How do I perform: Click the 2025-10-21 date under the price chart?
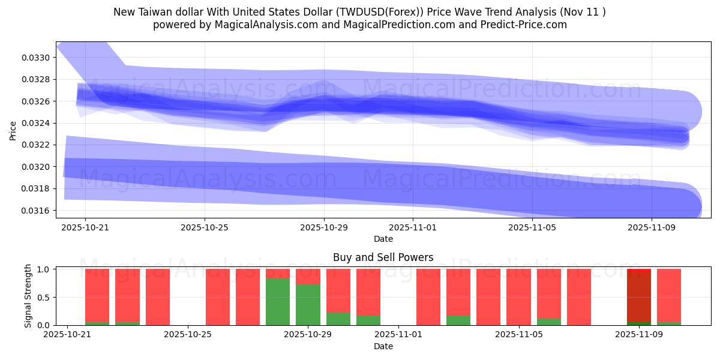[x=85, y=228]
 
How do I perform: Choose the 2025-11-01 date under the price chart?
[x=413, y=228]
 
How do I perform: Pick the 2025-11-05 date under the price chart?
[x=533, y=228]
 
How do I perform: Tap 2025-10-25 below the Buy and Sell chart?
[x=188, y=335]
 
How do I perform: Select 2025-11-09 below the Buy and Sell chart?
[x=637, y=335]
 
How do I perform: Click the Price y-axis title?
[x=13, y=130]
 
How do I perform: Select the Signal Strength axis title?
[x=28, y=296]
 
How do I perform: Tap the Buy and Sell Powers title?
[x=383, y=257]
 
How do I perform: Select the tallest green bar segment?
[x=278, y=302]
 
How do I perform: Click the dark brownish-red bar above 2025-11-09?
[x=638, y=297]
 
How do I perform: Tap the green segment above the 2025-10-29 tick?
[x=308, y=305]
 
